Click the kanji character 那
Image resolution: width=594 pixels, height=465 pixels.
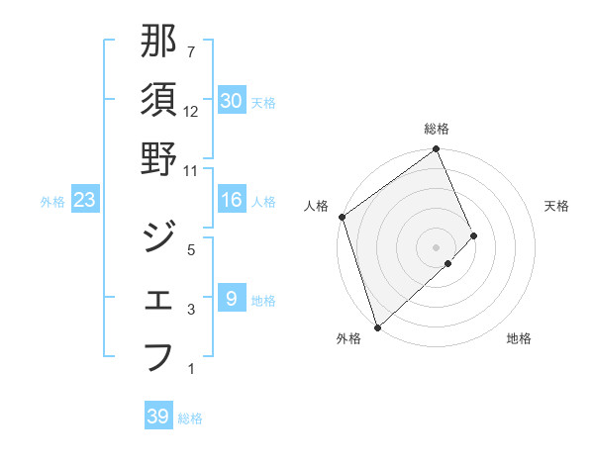159,43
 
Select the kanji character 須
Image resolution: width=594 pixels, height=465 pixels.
159,101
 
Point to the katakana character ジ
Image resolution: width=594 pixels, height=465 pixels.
159,238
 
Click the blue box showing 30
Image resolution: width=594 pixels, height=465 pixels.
231,101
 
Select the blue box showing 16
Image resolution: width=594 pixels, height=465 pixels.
231,201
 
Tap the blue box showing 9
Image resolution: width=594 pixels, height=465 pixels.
231,299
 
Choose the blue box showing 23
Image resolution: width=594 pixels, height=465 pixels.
84,201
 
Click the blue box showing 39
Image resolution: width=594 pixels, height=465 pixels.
157,417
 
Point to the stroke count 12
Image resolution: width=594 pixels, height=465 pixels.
191,112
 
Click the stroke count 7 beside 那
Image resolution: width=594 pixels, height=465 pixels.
191,52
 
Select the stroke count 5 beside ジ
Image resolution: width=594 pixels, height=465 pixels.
191,249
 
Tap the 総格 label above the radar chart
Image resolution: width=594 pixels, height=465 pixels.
437,129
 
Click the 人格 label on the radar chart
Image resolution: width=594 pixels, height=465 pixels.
317,206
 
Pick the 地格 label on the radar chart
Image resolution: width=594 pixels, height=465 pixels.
519,338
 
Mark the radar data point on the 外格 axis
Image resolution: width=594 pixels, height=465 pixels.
376,325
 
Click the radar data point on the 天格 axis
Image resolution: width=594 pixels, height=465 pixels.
474,235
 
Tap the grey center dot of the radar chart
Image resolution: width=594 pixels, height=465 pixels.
436,245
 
